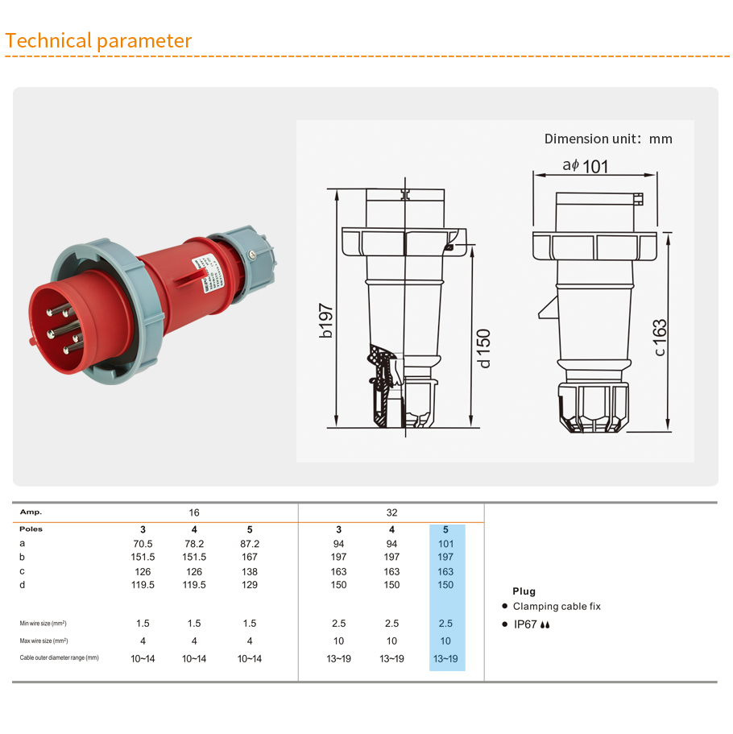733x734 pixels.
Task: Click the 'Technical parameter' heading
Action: (98, 40)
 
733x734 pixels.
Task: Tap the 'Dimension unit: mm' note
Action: (607, 139)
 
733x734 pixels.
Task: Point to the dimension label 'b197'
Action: (325, 321)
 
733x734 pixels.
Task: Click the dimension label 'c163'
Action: (660, 338)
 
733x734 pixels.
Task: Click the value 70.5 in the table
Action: (143, 544)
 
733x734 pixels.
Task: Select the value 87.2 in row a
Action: (250, 544)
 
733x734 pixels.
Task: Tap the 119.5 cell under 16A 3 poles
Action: (143, 585)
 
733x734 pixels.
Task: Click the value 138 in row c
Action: (250, 571)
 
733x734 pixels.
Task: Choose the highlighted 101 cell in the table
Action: (445, 544)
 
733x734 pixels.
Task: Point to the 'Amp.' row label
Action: (31, 512)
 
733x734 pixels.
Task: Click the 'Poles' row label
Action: (31, 529)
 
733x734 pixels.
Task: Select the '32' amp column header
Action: (391, 512)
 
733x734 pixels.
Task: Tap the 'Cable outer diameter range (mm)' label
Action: (59, 658)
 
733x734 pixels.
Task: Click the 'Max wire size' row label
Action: (43, 641)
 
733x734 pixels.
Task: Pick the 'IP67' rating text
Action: (525, 624)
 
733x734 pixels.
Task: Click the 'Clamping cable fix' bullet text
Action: (557, 606)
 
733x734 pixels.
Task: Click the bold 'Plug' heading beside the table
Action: (524, 591)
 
